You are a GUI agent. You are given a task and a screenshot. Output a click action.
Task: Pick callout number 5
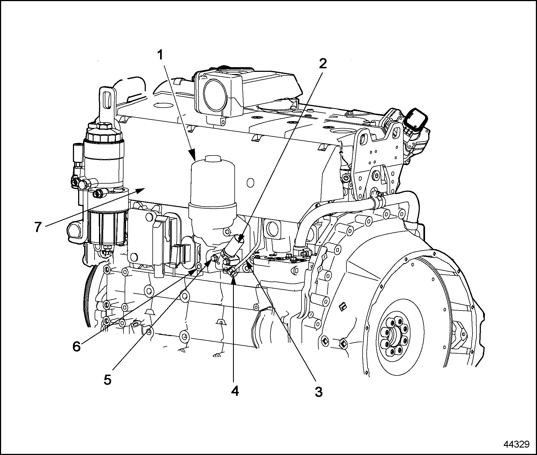click(x=108, y=380)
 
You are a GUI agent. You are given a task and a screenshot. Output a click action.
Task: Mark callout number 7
click(x=38, y=227)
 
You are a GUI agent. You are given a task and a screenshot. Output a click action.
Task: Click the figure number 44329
click(x=516, y=445)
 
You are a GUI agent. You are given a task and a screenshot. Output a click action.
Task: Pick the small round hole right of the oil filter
click(x=250, y=182)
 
